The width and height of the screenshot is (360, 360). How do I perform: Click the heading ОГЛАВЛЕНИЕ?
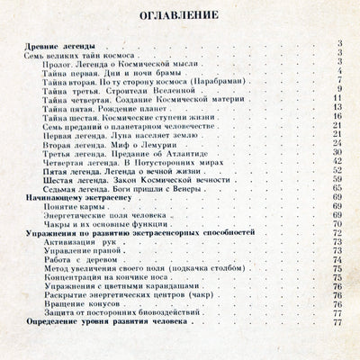coord(179,16)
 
